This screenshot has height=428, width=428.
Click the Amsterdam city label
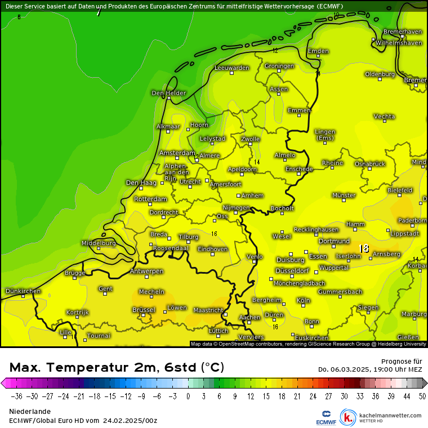click(177, 153)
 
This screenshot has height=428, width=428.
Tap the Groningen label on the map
click(279, 66)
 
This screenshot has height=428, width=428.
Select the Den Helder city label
click(168, 93)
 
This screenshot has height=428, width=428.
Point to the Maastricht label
click(208, 310)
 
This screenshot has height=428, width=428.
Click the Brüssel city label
click(144, 310)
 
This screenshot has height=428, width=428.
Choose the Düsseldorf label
click(292, 271)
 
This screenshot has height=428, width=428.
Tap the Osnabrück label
click(370, 164)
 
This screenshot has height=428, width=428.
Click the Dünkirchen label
click(23, 291)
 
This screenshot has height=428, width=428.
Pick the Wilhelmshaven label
click(399, 43)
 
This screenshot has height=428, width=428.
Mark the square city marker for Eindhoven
click(213, 255)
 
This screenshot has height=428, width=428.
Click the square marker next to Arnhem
click(239, 195)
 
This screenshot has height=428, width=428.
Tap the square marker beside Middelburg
click(98, 248)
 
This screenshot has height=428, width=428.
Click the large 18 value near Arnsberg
click(364, 248)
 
